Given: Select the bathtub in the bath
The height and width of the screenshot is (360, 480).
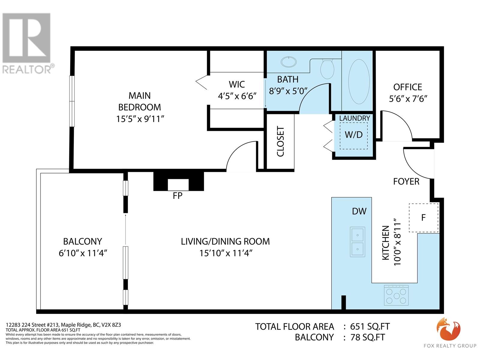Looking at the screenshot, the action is pyautogui.click(x=359, y=82).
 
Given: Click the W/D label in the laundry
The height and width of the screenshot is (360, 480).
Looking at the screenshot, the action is pyautogui.click(x=354, y=135).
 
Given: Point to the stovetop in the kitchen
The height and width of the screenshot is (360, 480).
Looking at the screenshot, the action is pyautogui.click(x=396, y=295).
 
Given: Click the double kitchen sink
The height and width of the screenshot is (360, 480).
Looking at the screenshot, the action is pyautogui.click(x=357, y=242).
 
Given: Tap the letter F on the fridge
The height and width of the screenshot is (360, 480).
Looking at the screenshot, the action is pyautogui.click(x=423, y=217).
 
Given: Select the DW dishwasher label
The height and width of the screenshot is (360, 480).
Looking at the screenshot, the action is pyautogui.click(x=359, y=211).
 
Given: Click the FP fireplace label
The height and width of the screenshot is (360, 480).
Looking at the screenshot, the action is pyautogui.click(x=177, y=196).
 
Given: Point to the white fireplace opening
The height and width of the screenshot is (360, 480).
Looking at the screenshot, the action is pyautogui.click(x=178, y=185).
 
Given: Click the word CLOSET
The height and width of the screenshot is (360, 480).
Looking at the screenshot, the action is pyautogui.click(x=280, y=141).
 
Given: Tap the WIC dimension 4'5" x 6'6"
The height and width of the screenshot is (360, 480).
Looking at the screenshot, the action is pyautogui.click(x=237, y=96).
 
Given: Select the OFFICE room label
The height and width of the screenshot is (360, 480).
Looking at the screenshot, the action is pyautogui.click(x=407, y=87).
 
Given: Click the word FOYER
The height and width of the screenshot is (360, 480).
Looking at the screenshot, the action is pyautogui.click(x=406, y=181).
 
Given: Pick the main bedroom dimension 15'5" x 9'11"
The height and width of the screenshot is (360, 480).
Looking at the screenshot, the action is pyautogui.click(x=140, y=119).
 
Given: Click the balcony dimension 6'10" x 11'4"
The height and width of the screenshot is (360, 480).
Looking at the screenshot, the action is pyautogui.click(x=83, y=253).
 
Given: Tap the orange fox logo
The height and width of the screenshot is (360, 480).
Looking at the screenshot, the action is pyautogui.click(x=448, y=330).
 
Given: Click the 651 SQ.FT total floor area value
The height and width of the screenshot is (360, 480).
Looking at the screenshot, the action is pyautogui.click(x=370, y=327).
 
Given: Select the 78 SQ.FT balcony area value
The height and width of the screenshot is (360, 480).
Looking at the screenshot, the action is pyautogui.click(x=368, y=337).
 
